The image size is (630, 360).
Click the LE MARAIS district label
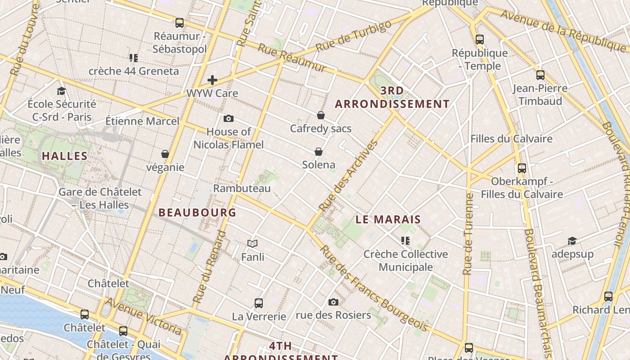388,220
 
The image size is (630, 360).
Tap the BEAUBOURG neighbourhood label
197,212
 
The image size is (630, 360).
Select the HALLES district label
65,156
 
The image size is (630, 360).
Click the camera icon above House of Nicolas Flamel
229,118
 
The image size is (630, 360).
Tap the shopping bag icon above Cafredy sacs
321,115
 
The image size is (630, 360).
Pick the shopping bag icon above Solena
319,151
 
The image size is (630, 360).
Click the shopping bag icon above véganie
165,154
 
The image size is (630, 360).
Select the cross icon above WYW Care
212,80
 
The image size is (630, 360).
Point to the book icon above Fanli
252,243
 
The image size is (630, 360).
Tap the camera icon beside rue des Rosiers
333,302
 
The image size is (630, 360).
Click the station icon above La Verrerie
259,303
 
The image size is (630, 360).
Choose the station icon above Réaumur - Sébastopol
180,22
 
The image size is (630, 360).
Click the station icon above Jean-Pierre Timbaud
540,75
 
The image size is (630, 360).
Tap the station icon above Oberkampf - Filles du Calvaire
522,168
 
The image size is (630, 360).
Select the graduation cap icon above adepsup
572,241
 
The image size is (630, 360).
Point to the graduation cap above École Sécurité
61,91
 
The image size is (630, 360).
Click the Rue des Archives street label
348,176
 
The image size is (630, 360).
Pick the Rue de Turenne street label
468,234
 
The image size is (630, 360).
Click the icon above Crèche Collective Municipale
405,241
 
